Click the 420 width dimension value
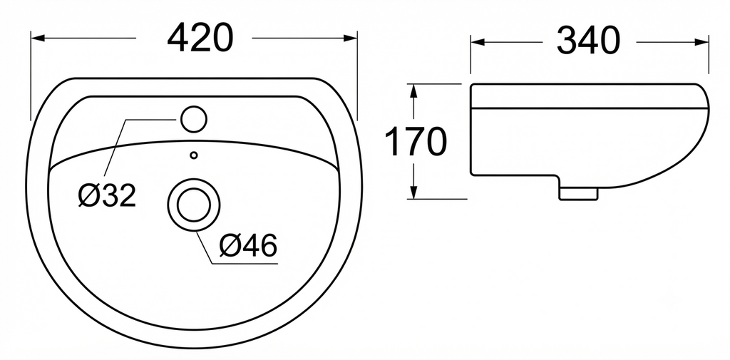(200, 38)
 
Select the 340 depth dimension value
(588, 41)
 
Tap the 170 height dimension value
(416, 142)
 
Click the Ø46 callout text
(248, 245)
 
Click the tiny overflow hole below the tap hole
(194, 155)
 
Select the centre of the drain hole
(194, 205)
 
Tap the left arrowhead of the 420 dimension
(37, 38)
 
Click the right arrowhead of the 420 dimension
(351, 38)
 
